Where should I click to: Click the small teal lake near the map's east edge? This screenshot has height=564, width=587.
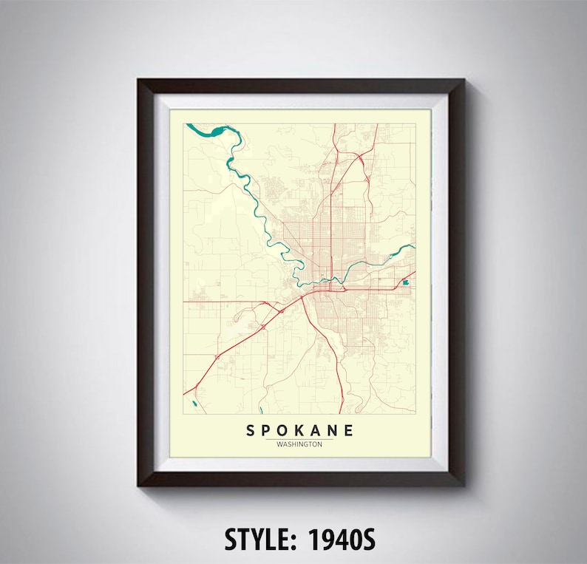tap(405, 282)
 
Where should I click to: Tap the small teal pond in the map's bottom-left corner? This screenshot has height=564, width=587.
tap(192, 404)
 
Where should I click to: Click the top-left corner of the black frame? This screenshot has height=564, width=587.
tap(138, 80)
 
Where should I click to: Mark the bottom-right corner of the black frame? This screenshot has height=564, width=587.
tap(464, 486)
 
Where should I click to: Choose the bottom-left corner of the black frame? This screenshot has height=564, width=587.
tap(138, 486)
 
